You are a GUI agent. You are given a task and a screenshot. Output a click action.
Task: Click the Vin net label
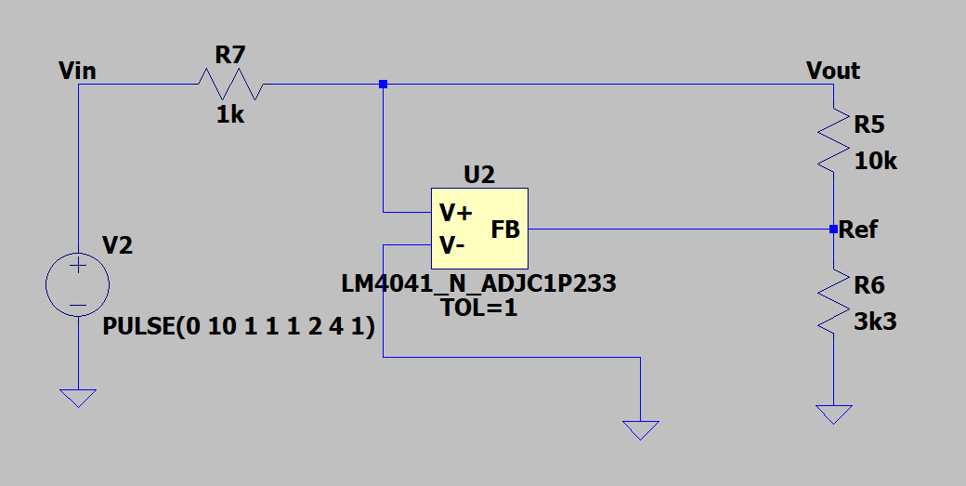[x=76, y=70]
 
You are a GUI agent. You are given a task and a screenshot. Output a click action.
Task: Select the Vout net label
[x=833, y=71]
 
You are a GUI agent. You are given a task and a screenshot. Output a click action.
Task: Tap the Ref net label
[x=858, y=230]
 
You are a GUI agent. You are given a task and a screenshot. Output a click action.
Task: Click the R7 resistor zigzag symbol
[x=229, y=85]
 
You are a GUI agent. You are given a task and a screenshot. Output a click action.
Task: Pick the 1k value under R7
[x=230, y=114]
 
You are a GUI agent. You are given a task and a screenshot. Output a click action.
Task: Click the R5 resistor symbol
[x=833, y=139]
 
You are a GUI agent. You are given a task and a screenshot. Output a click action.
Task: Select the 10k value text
[x=876, y=161]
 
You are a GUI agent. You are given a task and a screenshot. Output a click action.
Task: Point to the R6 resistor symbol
[x=833, y=301]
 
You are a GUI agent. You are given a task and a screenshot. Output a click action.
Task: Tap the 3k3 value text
[x=875, y=322]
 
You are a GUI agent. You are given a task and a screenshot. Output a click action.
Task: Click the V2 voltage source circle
[x=78, y=284]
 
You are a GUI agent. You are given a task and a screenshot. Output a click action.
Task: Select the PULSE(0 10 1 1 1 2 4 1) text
[x=239, y=327]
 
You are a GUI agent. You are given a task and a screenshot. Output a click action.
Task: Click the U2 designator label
[x=478, y=174]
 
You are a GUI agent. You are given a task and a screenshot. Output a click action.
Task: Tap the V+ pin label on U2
[x=456, y=213]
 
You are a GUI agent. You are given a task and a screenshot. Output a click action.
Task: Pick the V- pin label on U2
[x=452, y=245]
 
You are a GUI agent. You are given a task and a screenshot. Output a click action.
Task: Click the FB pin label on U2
[x=505, y=230]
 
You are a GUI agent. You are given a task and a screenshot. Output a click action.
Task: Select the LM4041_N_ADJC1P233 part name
[x=479, y=283]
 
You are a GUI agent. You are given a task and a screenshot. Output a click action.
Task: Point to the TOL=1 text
[x=479, y=308]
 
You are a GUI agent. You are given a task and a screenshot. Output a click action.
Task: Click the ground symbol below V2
[x=78, y=397]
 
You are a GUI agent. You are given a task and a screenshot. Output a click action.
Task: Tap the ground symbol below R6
[x=833, y=414]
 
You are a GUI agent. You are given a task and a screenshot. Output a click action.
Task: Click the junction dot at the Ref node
[x=833, y=229]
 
